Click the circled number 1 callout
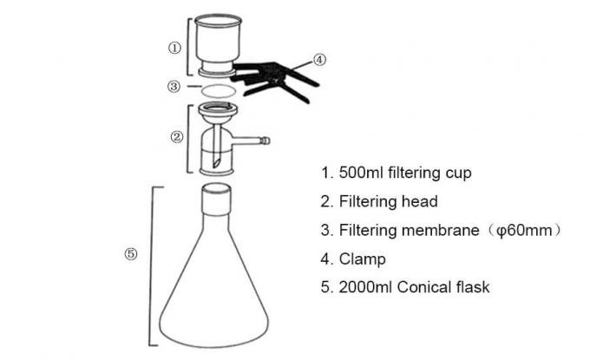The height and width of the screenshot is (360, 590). tap(174, 49)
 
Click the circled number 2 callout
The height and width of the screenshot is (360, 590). tap(176, 136)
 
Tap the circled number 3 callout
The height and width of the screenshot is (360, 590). tap(174, 87)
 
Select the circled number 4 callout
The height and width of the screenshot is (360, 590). tap(319, 60)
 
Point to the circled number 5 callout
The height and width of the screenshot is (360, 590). tap(130, 253)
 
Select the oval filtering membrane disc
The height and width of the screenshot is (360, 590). tap(217, 90)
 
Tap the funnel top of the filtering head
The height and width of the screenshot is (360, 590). tap(217, 113)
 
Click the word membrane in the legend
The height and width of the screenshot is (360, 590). tap(438, 230)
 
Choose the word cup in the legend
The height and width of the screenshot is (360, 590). tap(457, 173)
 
